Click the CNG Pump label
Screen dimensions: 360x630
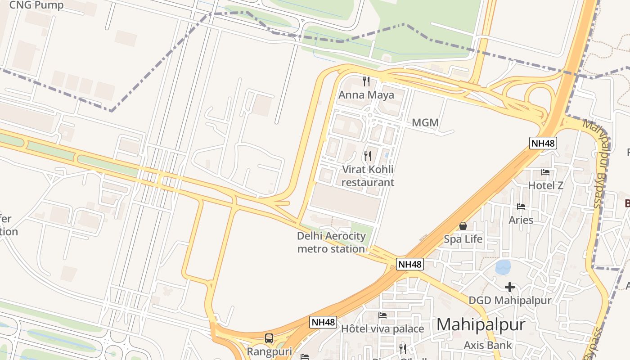(x=36, y=5)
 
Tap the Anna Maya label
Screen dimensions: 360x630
(x=366, y=95)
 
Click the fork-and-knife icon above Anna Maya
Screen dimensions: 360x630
(x=366, y=81)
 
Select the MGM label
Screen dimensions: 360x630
(x=425, y=123)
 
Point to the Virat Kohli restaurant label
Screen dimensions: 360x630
(x=368, y=176)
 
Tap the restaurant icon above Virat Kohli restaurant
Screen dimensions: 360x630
(x=368, y=156)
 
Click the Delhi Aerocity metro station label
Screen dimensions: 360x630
(x=331, y=242)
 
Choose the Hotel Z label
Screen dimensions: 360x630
(x=545, y=185)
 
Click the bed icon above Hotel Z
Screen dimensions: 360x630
(x=545, y=172)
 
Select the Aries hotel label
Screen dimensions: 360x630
(x=521, y=220)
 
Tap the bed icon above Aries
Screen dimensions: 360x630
(x=521, y=207)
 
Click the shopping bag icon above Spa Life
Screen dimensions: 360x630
(x=463, y=226)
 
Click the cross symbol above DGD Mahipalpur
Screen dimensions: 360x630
(x=509, y=287)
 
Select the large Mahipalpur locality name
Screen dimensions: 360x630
(x=481, y=325)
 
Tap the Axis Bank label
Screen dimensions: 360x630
(x=488, y=345)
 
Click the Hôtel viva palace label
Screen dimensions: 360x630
(x=382, y=329)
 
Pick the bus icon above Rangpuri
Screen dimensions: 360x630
(x=269, y=338)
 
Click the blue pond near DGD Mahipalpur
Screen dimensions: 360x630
(x=503, y=267)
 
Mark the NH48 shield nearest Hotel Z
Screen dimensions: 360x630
(x=543, y=144)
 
